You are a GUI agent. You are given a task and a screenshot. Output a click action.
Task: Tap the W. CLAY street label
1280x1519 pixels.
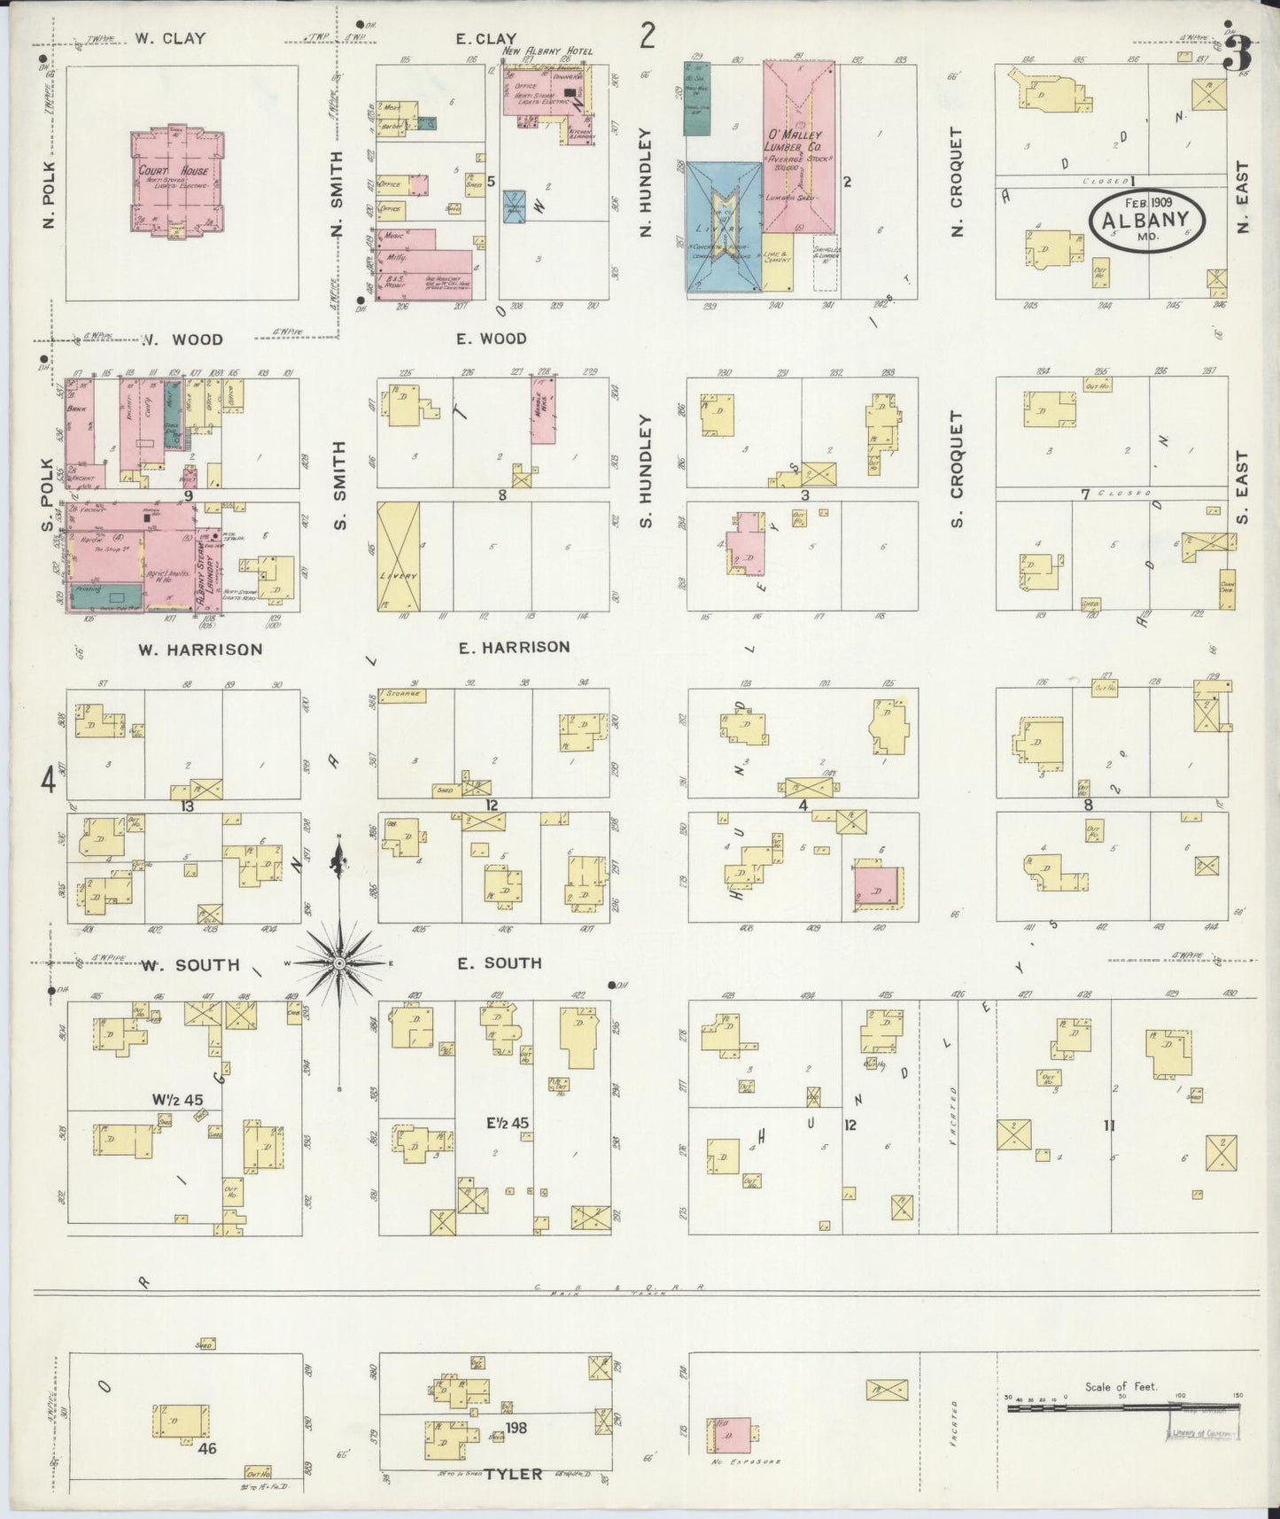pos(171,39)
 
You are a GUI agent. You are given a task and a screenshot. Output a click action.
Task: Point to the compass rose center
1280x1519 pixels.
pos(338,962)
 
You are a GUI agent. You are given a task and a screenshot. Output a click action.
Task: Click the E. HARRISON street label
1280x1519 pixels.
pos(514,648)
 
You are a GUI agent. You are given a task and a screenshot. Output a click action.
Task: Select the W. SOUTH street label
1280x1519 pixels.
pos(190,965)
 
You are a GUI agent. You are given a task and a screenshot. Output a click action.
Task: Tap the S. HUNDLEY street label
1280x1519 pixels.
pos(645,471)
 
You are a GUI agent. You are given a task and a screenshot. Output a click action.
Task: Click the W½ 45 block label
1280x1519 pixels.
pos(177,1100)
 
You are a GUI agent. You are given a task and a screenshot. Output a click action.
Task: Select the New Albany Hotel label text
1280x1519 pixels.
pos(547,52)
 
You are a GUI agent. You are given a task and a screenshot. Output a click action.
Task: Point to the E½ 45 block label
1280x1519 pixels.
pos(508,1123)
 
